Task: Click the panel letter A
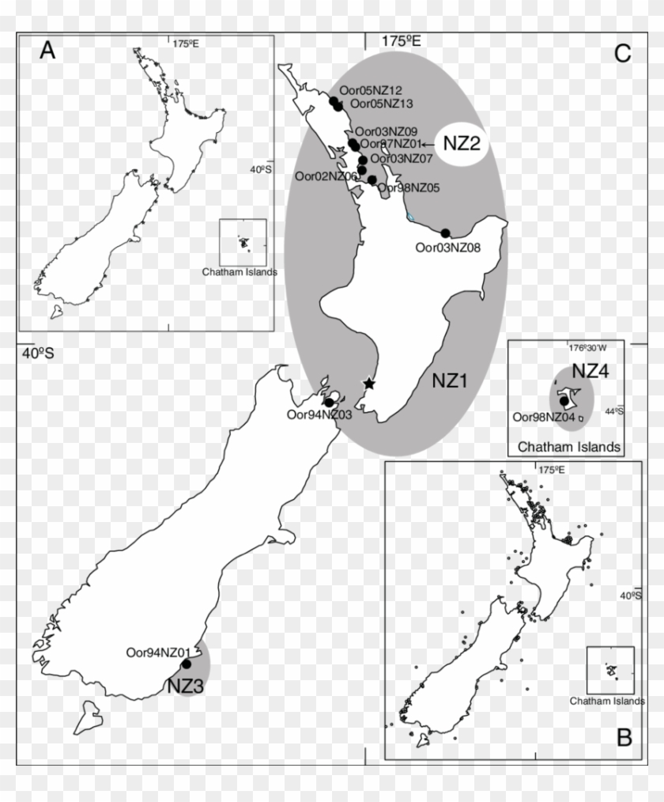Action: (48, 51)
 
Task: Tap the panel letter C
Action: (622, 52)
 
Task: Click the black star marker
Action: (368, 384)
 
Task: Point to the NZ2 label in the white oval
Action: (462, 144)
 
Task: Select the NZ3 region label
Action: (186, 687)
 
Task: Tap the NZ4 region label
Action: (591, 371)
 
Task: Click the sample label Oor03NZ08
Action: (448, 248)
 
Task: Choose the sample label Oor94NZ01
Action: (158, 653)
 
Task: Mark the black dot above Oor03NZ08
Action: (445, 233)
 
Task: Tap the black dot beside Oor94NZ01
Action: (187, 664)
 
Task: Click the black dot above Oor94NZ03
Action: (328, 402)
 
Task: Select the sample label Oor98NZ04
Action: (544, 417)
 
